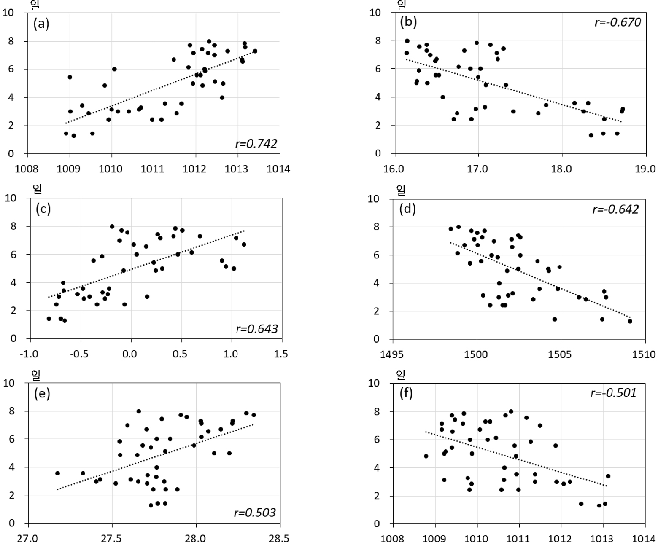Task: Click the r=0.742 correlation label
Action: (x=256, y=144)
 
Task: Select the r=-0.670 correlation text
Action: (x=618, y=22)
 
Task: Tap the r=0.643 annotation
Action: (x=257, y=329)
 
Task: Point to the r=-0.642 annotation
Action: (x=615, y=209)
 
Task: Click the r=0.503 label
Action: (x=255, y=513)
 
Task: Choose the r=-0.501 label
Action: (x=613, y=393)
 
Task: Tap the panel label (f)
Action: (x=406, y=394)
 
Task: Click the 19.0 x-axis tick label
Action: (x=645, y=169)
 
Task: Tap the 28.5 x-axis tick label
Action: (x=280, y=539)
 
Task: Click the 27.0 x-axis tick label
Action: (x=28, y=539)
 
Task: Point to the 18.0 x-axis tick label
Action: (x=561, y=169)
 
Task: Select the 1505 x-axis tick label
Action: (x=561, y=354)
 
